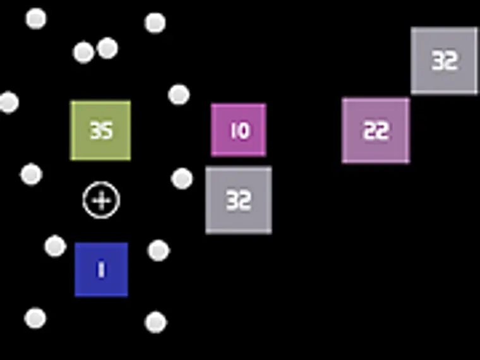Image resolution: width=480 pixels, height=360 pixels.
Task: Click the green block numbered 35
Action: [100, 130]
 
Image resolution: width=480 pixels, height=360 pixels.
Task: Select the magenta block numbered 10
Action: [239, 130]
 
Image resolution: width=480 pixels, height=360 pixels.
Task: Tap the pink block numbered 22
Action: [376, 131]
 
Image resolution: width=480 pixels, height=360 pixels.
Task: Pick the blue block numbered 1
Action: [101, 270]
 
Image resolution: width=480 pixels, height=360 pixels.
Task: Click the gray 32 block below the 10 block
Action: [239, 200]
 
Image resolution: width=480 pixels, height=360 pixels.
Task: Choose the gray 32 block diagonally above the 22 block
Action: [444, 61]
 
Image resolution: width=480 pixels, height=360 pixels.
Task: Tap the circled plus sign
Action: [101, 200]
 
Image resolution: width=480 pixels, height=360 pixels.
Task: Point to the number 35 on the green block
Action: [100, 131]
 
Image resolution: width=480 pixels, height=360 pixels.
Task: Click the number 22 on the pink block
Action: [376, 131]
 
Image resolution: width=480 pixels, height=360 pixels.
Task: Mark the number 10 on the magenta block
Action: [240, 131]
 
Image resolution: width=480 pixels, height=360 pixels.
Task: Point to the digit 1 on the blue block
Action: [100, 270]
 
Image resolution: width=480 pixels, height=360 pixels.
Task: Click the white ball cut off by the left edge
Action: [8, 102]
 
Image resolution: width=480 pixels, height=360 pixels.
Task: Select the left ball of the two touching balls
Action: [83, 52]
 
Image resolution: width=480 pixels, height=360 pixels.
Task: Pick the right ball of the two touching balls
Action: [107, 48]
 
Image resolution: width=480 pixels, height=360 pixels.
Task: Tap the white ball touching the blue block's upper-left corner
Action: [55, 246]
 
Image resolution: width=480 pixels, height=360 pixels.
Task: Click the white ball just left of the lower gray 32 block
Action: [182, 179]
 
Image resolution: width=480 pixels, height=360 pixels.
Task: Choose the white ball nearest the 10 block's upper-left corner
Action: [179, 95]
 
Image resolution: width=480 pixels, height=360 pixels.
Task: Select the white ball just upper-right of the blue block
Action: [159, 250]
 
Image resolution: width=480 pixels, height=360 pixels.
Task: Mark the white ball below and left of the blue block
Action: [35, 318]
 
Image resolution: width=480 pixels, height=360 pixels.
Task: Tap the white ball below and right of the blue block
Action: [155, 322]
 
